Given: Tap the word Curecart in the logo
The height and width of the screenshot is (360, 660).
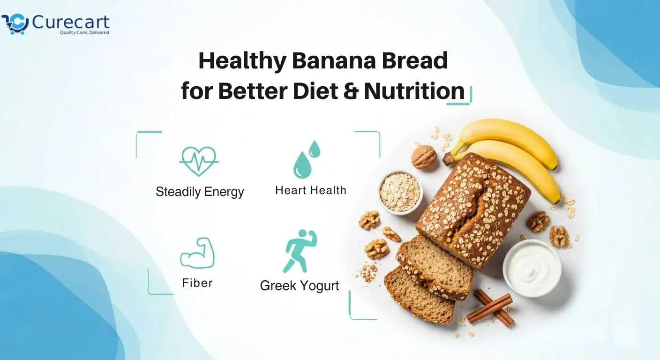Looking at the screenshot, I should (x=70, y=22).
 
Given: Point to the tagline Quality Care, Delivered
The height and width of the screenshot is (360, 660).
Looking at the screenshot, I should (x=84, y=33).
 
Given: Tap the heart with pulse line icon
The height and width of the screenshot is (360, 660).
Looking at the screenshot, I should (x=199, y=161).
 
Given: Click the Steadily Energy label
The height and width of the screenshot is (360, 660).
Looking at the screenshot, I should (x=200, y=192).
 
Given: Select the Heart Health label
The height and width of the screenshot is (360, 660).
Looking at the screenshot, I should (x=311, y=190).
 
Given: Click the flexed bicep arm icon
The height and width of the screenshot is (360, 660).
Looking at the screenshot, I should (x=198, y=254).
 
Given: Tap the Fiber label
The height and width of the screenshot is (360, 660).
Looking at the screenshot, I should (x=197, y=283).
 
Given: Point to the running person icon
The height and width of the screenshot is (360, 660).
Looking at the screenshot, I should (x=299, y=251).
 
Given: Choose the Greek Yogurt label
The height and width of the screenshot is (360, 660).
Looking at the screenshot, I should (x=300, y=285).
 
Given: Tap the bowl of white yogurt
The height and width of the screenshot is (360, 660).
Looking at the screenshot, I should (x=532, y=268).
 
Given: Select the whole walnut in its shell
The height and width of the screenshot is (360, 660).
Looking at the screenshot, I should (x=424, y=157).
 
